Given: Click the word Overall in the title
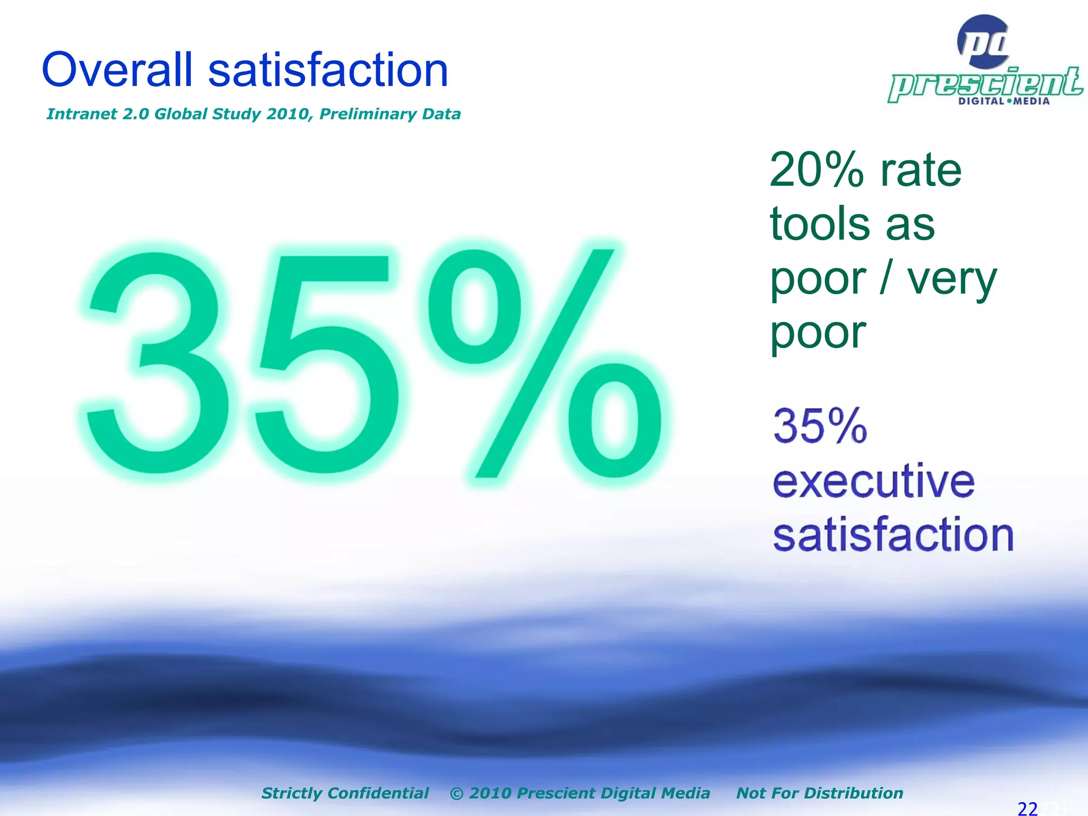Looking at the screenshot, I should [117, 70].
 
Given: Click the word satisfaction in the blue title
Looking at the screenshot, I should [328, 70].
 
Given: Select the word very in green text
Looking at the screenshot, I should [951, 279].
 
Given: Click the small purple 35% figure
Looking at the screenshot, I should [820, 426].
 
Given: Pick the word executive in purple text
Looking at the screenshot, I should [873, 481].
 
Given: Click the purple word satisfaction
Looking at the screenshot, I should [893, 534].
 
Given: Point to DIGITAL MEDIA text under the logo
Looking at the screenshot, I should [1004, 101].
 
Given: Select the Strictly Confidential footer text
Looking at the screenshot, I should [345, 793].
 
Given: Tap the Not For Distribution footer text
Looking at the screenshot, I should [819, 793].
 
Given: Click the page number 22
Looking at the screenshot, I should [1027, 808].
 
